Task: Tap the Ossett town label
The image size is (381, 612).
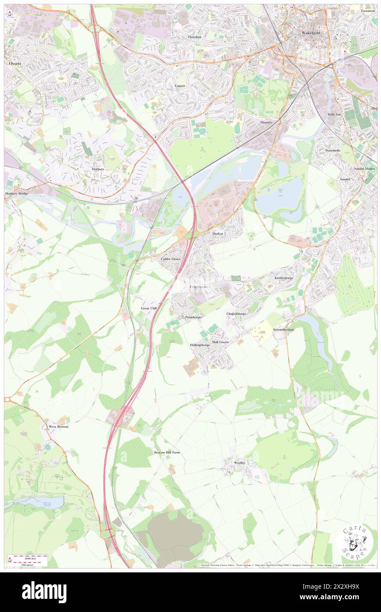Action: (x=15, y=63)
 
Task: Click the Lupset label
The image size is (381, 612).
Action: (x=180, y=86)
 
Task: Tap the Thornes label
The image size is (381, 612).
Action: (x=266, y=122)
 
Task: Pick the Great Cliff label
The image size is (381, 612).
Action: (x=149, y=308)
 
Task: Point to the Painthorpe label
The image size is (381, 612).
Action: (x=193, y=317)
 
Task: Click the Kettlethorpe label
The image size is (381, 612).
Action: (x=283, y=278)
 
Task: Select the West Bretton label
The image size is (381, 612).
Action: (x=59, y=427)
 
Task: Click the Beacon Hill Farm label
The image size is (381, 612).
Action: (x=167, y=452)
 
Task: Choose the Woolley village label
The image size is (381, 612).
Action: (x=240, y=463)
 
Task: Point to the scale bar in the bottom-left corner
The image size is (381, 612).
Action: (x=28, y=559)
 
